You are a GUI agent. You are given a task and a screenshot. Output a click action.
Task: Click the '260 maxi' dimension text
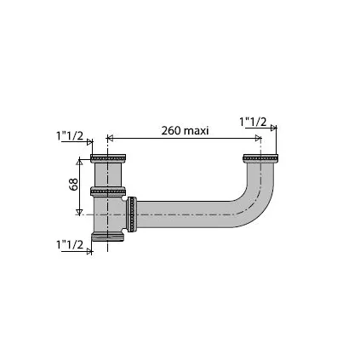point(185,130)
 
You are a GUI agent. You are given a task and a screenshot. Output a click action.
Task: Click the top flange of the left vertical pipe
point(108,158)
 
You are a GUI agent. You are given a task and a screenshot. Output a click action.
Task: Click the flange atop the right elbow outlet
point(260,157)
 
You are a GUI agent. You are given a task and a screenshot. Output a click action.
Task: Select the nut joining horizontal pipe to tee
point(132,214)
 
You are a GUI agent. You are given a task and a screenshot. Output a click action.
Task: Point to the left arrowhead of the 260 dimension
point(110,138)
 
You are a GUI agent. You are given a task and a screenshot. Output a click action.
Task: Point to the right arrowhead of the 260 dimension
point(258,138)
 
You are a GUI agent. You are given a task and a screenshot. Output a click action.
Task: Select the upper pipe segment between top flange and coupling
point(108,175)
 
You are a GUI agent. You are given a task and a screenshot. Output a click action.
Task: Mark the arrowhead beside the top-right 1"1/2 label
point(274,128)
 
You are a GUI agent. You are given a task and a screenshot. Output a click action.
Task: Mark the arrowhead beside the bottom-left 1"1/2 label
point(90,250)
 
